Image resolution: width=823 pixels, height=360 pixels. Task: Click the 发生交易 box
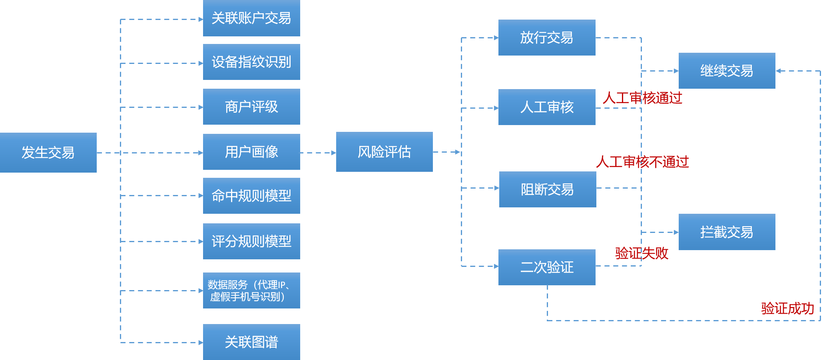[48, 153]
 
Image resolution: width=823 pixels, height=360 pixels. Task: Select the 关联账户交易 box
[251, 18]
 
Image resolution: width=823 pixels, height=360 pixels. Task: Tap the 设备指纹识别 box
[251, 62]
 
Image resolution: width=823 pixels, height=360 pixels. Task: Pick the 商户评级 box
[251, 107]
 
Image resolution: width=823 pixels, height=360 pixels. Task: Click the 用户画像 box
[251, 152]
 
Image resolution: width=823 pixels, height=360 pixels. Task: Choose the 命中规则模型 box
[251, 196]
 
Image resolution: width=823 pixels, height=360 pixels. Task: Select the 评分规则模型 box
[251, 241]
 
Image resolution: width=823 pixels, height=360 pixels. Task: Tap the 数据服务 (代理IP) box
[251, 290]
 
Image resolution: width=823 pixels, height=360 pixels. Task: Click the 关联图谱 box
[251, 342]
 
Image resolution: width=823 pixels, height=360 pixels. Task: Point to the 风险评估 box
[384, 152]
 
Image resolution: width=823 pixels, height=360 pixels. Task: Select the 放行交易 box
[546, 38]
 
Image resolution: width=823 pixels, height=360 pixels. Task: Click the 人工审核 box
[546, 107]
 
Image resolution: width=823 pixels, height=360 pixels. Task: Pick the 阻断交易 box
[547, 189]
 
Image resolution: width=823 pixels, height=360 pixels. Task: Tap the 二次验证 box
[546, 267]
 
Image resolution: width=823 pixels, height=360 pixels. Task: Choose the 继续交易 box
[727, 71]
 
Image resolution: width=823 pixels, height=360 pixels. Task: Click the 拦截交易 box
[727, 232]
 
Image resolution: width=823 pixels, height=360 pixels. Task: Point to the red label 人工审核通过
[642, 98]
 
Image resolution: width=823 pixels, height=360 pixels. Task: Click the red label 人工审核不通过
[642, 162]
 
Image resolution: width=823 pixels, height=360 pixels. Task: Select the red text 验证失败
[642, 253]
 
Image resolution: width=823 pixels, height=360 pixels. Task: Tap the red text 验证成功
[787, 308]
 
